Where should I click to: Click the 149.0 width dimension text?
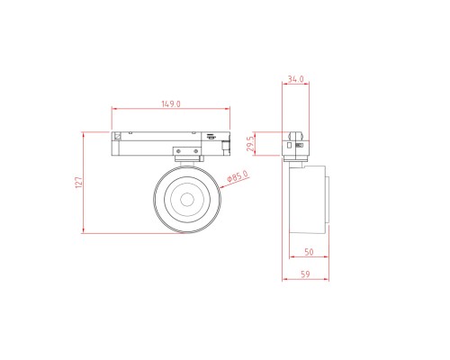click(171, 104)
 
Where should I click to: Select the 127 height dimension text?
click(78, 183)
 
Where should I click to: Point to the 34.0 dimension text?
click(294, 79)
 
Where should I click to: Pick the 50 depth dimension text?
click(309, 253)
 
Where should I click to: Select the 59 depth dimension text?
click(305, 274)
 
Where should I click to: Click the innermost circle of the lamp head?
click(187, 199)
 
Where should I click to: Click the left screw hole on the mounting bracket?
click(178, 151)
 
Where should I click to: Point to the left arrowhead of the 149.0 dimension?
click(113, 110)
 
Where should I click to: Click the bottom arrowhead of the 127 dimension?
click(84, 231)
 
